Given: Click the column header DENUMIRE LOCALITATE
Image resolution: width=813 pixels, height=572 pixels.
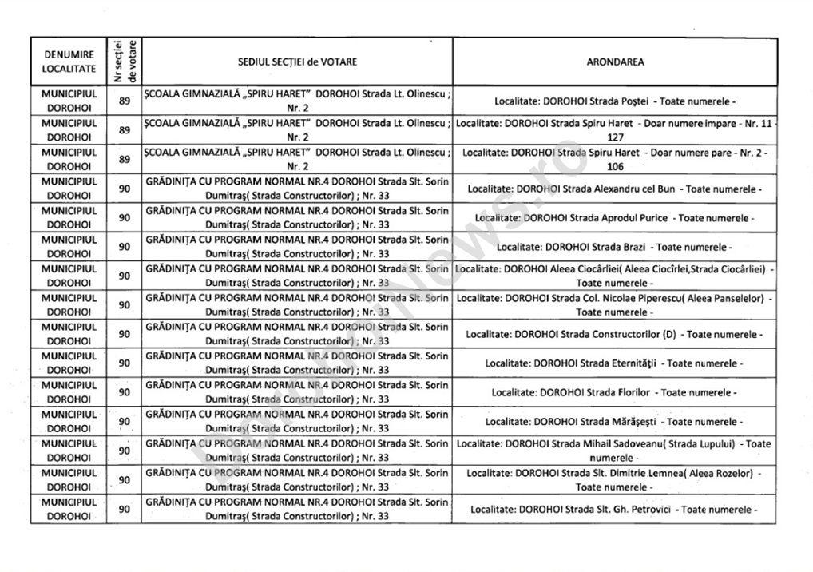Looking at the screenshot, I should (69, 62).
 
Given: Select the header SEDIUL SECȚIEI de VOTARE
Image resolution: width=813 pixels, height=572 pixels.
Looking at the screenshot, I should (297, 62).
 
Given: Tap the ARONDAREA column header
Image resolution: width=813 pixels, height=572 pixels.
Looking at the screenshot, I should (614, 62).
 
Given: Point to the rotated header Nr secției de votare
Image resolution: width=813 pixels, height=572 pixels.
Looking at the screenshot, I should (125, 61).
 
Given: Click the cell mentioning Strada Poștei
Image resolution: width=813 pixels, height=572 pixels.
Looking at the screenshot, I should (614, 101).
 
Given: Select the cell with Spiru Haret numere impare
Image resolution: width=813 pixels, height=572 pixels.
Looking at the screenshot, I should (614, 130).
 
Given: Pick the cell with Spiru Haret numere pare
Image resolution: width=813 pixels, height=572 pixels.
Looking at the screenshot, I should (614, 159).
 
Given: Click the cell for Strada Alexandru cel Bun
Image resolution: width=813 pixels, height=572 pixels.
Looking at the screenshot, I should (614, 189).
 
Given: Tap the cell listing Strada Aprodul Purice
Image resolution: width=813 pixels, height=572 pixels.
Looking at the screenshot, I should (614, 217).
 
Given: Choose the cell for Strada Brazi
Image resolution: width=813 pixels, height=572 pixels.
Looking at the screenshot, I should (614, 247).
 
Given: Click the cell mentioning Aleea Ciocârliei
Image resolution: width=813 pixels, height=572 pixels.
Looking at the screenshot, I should (614, 276).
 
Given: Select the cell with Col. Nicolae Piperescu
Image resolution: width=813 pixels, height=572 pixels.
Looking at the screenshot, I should (614, 305).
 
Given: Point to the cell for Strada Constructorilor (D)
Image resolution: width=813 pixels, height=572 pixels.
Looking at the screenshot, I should (614, 334).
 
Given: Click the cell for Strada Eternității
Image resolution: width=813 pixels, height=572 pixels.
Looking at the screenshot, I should (614, 363).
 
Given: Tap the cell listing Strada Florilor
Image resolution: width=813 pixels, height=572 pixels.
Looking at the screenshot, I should (614, 392).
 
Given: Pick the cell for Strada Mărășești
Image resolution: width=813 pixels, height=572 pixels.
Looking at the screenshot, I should (614, 421).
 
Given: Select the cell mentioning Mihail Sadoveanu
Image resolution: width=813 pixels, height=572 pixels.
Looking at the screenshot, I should (614, 451).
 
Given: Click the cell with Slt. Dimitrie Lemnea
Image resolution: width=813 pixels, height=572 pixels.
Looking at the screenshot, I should (614, 479).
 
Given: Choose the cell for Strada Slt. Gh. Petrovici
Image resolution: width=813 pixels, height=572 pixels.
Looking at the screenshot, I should (614, 509).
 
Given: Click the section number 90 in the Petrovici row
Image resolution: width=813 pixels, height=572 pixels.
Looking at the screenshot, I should (125, 509).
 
